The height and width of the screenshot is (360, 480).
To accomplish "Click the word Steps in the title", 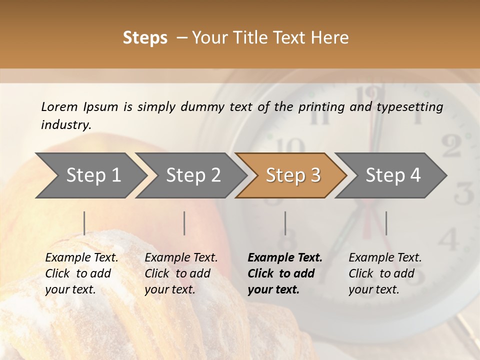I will (145, 38).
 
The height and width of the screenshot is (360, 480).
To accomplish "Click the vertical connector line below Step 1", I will (84, 223).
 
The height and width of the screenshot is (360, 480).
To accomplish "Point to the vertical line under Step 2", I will (184, 223).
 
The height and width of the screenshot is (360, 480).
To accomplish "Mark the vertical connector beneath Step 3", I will (285, 223).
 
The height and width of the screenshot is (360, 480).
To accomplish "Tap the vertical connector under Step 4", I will (386, 223).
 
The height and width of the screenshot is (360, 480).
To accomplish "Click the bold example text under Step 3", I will (285, 273).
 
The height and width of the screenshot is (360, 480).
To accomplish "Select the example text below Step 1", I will (81, 273).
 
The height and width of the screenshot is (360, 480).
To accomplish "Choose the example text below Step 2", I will (181, 273).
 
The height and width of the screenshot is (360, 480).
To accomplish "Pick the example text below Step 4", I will (385, 273).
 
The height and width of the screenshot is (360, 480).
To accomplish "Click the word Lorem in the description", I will (59, 106).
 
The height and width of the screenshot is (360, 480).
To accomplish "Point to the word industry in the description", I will (65, 125).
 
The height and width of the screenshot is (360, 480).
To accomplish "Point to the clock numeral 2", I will (451, 146).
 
